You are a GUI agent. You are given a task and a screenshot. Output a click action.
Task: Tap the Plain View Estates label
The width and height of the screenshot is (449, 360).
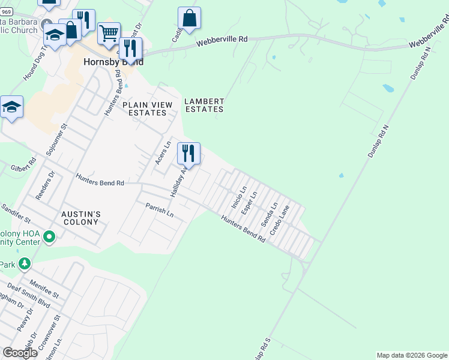click(x=147, y=109)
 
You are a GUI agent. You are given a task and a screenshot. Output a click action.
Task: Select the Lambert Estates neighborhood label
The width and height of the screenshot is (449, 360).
click(x=204, y=106)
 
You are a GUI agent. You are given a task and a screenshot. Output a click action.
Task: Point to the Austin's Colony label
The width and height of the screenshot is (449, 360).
click(x=80, y=218)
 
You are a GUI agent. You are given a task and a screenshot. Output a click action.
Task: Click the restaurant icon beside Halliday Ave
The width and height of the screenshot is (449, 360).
click(x=188, y=154)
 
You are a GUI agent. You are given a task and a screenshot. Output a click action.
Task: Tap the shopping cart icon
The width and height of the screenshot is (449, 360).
click(x=109, y=34)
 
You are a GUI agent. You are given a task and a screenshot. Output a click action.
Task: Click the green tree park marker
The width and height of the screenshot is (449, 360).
click(x=24, y=263)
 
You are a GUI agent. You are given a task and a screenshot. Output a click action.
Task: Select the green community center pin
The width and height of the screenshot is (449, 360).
click(x=50, y=238)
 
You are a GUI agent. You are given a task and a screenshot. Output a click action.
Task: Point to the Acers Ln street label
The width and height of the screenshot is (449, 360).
click(x=160, y=153)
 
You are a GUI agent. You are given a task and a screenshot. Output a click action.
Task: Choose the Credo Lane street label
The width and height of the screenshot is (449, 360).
click(x=279, y=220)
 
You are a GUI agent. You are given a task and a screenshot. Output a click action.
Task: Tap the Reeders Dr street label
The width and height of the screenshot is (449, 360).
click(x=46, y=186)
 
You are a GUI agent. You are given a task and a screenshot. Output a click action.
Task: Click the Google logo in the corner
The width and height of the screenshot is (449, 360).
click(x=20, y=353)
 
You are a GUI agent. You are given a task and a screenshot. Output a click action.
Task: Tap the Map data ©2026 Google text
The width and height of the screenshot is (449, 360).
click(x=411, y=355)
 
